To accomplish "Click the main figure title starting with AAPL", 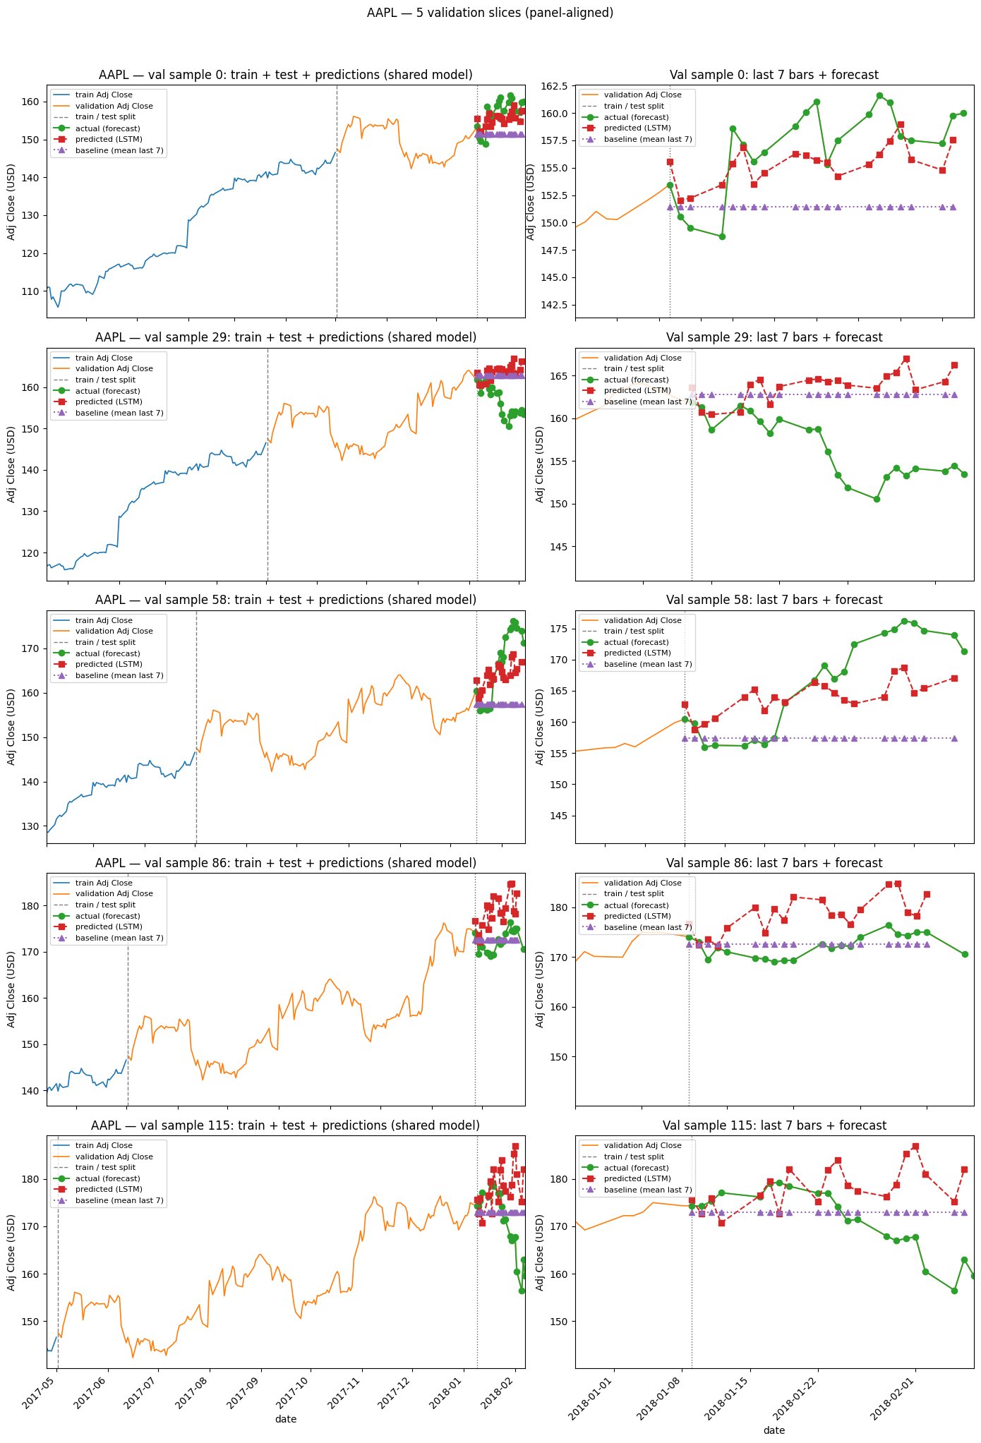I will click(x=490, y=13).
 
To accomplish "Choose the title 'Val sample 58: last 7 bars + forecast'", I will click(x=774, y=600).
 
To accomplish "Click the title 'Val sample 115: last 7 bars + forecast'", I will click(x=774, y=1125).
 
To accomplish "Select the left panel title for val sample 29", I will click(x=285, y=337).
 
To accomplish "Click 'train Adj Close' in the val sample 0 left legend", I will click(x=104, y=95).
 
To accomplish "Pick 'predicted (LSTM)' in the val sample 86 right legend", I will click(x=637, y=916).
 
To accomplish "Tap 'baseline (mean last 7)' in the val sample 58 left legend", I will click(x=119, y=675).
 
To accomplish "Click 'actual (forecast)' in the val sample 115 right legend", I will click(x=636, y=1168).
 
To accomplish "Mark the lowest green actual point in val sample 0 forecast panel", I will click(x=722, y=236).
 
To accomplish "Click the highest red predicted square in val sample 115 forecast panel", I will click(x=915, y=1147).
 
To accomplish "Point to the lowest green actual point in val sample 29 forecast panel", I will click(x=877, y=499).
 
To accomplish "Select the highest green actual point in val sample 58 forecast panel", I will click(x=904, y=621).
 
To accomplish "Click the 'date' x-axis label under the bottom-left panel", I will click(x=285, y=1419).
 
